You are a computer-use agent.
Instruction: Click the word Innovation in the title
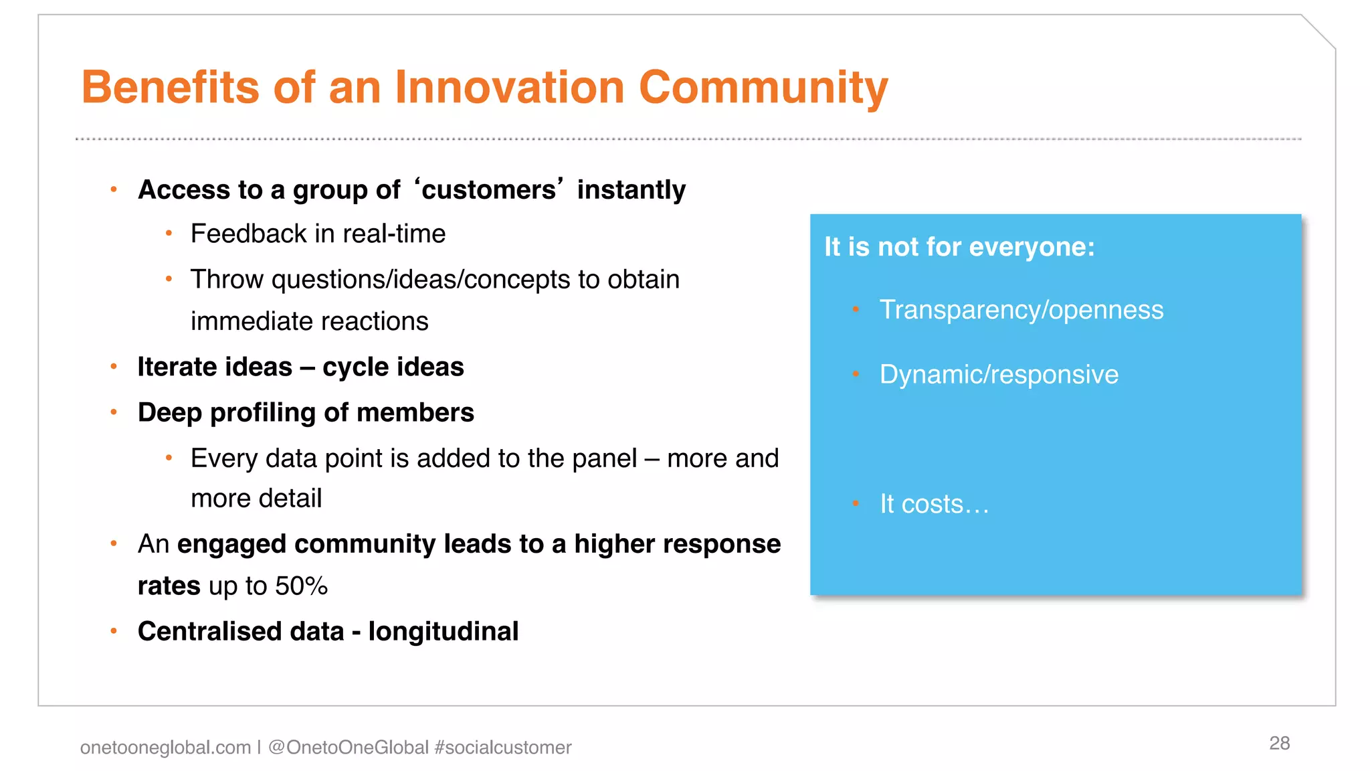(x=509, y=87)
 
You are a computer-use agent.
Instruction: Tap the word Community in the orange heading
(x=763, y=87)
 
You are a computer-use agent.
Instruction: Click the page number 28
(x=1279, y=743)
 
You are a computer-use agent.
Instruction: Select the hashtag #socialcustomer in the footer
(x=502, y=747)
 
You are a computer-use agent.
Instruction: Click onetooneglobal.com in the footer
(x=165, y=747)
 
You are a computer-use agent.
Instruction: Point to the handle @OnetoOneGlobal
(x=348, y=747)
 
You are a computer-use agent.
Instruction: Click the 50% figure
(x=301, y=586)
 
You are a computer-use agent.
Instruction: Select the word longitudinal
(x=443, y=631)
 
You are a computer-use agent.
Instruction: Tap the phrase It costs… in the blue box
(x=934, y=504)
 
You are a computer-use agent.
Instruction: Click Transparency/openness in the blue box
(x=1021, y=310)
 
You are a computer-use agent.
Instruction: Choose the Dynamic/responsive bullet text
(x=999, y=374)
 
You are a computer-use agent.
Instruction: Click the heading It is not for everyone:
(x=959, y=247)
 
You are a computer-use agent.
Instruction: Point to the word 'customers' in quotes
(x=489, y=189)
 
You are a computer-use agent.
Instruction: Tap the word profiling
(x=263, y=413)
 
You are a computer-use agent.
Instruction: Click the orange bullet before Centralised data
(x=114, y=630)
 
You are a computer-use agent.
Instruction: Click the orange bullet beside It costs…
(x=856, y=503)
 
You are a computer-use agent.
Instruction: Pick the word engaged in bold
(x=231, y=544)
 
